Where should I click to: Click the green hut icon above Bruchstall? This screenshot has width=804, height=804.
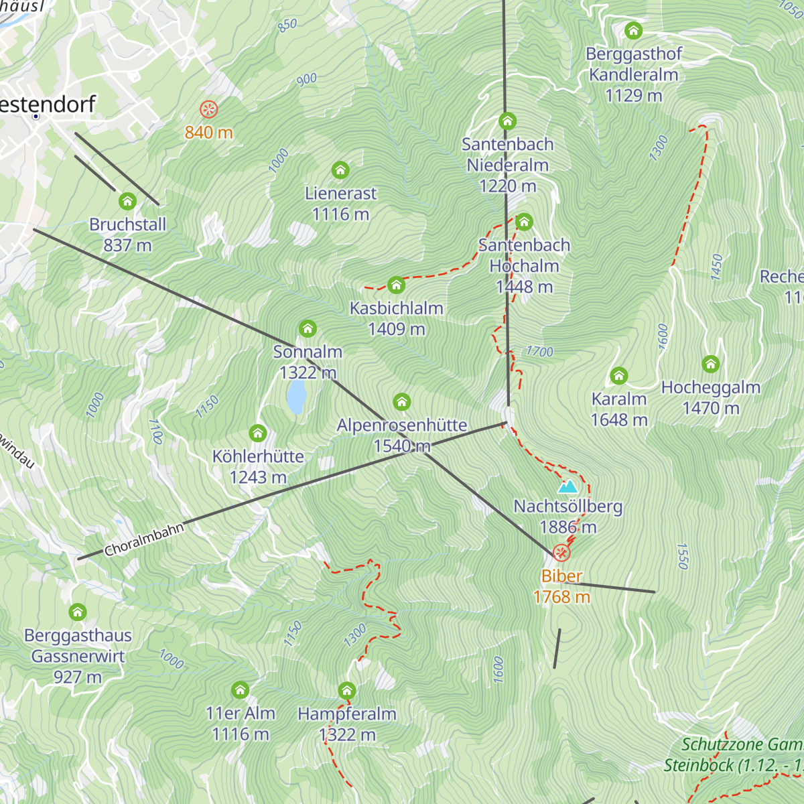[127, 201]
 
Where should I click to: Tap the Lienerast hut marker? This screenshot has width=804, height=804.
[340, 170]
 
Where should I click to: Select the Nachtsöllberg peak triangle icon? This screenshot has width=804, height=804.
[567, 486]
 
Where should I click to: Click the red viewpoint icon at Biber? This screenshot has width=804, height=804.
[561, 553]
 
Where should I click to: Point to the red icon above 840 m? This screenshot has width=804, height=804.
[208, 109]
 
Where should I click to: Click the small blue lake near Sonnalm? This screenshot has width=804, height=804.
[296, 398]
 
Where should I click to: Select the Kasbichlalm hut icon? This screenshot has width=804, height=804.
[396, 285]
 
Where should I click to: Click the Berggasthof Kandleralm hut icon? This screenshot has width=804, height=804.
[633, 31]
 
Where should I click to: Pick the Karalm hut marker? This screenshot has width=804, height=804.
[619, 376]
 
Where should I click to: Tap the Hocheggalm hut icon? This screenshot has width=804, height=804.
[710, 364]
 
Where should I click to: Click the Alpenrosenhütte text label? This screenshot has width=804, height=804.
[402, 425]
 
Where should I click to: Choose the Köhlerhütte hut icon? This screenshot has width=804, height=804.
[257, 433]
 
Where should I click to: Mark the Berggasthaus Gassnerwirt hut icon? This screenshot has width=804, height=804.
[78, 612]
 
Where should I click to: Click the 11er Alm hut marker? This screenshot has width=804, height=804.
[240, 690]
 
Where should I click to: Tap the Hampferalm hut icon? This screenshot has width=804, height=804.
[346, 691]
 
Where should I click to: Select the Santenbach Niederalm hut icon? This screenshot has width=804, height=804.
[507, 122]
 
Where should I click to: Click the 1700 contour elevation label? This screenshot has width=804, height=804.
[539, 351]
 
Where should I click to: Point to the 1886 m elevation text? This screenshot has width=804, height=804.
[568, 527]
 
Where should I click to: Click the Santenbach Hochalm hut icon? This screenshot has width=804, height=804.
[524, 222]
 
